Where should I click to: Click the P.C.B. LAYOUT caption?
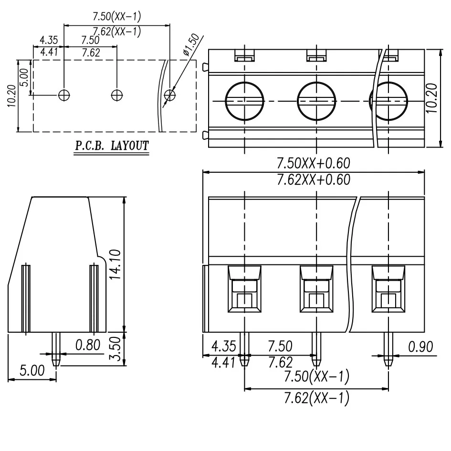[x=111, y=146]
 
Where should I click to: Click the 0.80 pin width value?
[x=88, y=345]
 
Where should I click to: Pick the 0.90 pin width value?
[x=420, y=346]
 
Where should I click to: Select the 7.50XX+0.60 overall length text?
[x=314, y=164]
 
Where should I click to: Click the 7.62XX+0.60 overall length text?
[x=314, y=179]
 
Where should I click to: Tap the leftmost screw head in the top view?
[x=244, y=101]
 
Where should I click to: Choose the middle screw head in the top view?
[x=316, y=101]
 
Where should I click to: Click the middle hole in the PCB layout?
[x=116, y=95]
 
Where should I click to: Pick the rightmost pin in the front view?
[x=388, y=348]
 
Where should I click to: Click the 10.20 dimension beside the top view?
[x=432, y=98]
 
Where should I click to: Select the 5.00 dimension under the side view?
[x=31, y=370]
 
